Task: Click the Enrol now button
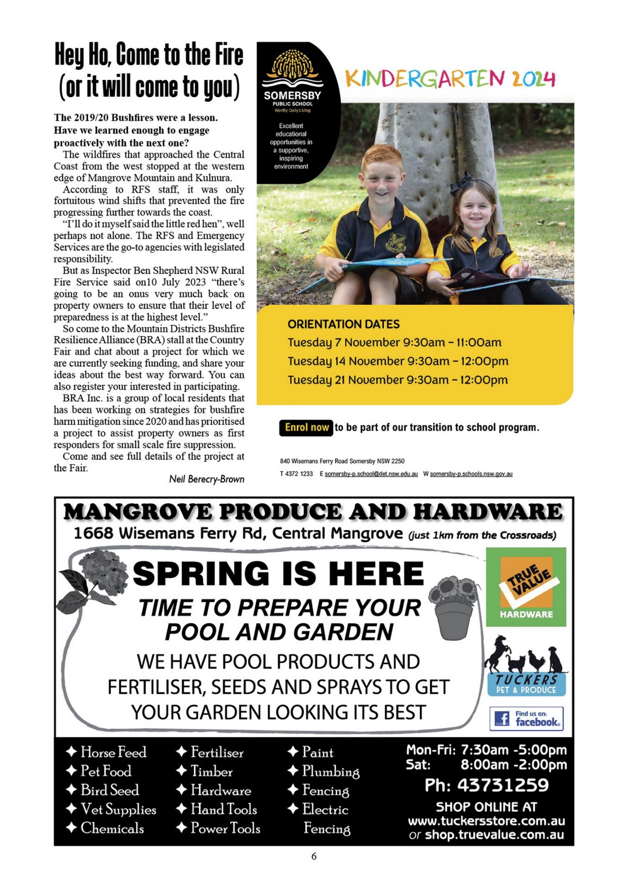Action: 307,427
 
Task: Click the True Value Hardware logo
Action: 526,587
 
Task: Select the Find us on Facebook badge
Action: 526,718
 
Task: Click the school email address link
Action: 371,474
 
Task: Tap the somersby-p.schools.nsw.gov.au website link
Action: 471,474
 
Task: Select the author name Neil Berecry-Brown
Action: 206,479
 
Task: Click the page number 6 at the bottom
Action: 314,856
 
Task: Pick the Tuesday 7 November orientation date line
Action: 394,343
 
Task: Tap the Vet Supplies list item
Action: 118,809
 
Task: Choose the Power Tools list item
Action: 225,828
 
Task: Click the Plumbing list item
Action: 330,771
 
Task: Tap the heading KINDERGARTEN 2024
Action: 450,79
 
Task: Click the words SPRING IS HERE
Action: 278,573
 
